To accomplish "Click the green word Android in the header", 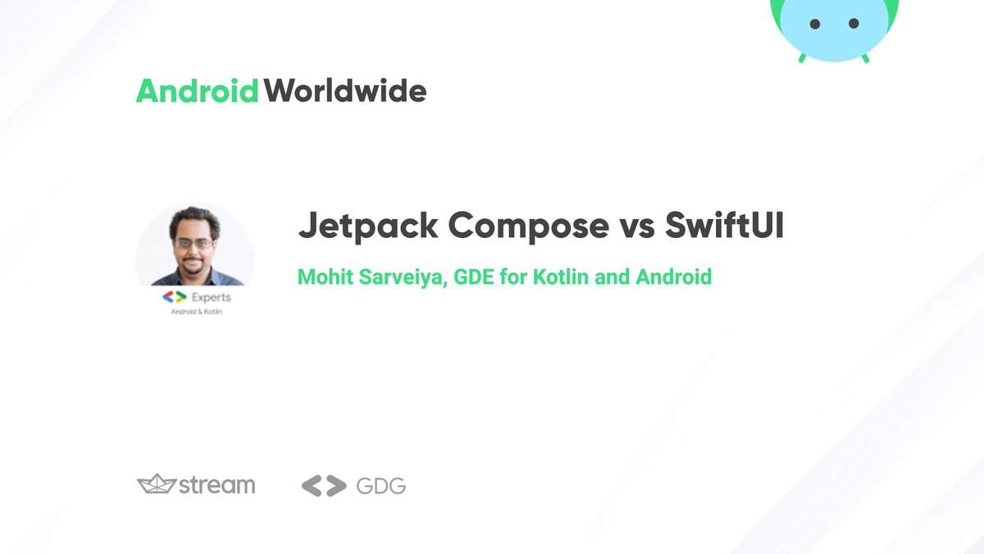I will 198,90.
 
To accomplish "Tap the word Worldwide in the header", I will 345,90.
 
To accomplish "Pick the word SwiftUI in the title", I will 724,226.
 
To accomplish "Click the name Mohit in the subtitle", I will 323,277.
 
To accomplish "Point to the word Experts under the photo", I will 211,297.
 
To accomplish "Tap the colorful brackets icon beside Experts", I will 174,297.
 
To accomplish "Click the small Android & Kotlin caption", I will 195,313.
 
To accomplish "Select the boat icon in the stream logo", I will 156,484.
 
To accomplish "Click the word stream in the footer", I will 217,485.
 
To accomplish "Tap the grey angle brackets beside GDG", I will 324,486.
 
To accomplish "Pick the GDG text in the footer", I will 381,486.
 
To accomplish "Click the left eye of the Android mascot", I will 815,24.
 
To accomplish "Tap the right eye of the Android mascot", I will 854,24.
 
